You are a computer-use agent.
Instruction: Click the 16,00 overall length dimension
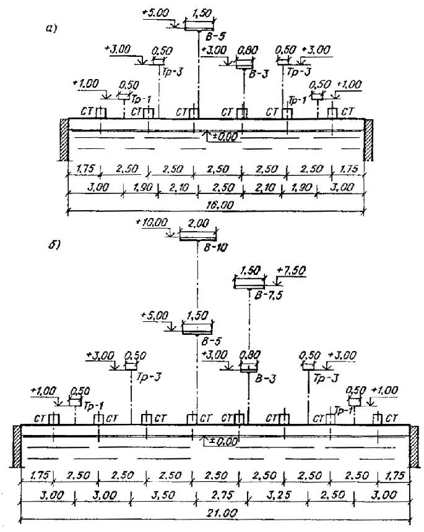point(220,205)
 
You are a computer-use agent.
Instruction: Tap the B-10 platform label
point(215,248)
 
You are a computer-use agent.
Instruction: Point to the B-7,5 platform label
point(268,295)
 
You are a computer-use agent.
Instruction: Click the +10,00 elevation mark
point(152,222)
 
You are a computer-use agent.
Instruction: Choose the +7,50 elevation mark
point(291,270)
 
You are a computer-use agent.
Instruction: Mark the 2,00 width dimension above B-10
point(199,223)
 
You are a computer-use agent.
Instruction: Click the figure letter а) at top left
point(51,28)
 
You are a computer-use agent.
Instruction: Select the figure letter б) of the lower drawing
point(54,245)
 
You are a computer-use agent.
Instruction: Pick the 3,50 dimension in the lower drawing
point(163,495)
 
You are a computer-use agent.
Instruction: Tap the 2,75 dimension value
point(222,495)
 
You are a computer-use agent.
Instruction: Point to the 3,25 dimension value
point(279,495)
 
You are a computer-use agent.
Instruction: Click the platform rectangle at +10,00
point(198,236)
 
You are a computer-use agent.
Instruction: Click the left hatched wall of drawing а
point(64,140)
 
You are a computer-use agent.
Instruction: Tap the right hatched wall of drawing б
point(414,446)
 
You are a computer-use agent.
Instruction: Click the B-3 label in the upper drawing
point(258,74)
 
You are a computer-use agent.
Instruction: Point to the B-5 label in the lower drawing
point(211,340)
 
